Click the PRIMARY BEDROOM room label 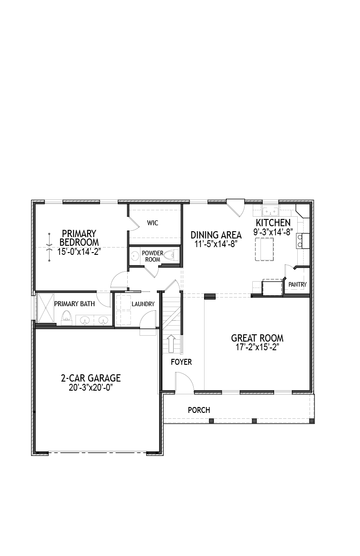point(79,238)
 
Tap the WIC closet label point(153,223)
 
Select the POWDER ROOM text point(153,256)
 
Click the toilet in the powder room point(173,255)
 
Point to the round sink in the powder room point(135,256)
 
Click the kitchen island point(265,249)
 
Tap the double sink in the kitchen point(270,212)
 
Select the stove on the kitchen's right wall point(303,241)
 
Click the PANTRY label point(297,284)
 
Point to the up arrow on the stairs point(171,343)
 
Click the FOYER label point(181,362)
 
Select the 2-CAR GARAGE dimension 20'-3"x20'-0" point(91,387)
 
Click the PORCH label point(199,410)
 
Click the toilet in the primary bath point(66,318)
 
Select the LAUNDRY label point(143,304)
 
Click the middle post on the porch point(254,421)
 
